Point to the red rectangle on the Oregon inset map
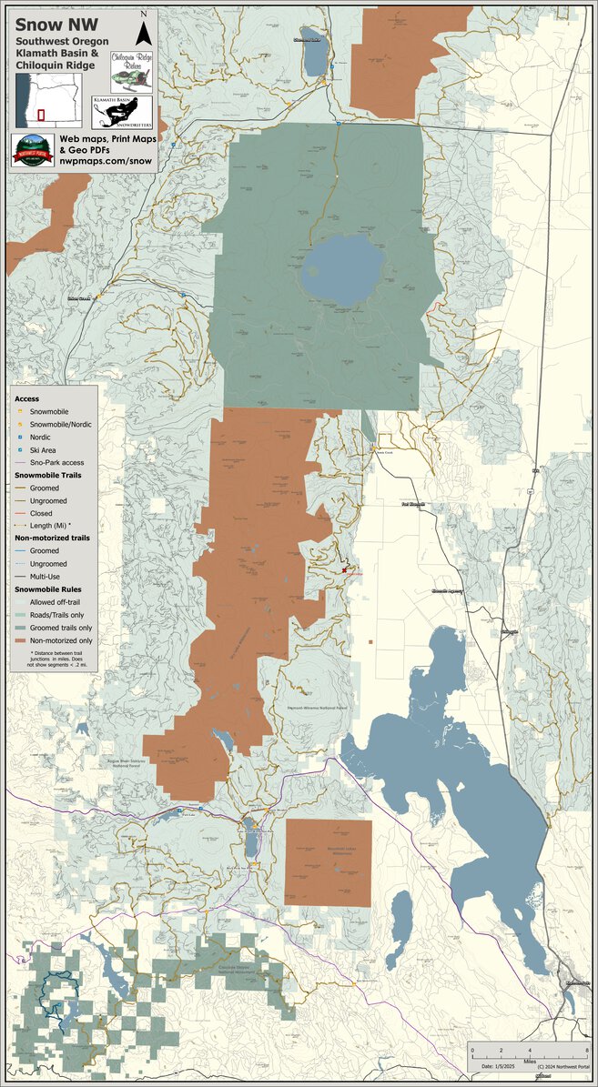pos(41,116)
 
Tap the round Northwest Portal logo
pos(33,151)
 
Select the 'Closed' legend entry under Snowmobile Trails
pos(43,513)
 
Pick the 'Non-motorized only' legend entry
pos(62,641)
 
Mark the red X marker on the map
pos(344,570)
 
